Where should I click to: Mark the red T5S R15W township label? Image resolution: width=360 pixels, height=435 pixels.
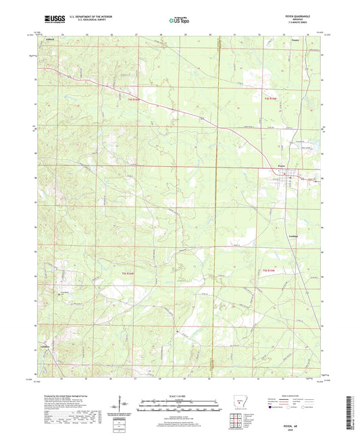click(x=269, y=271)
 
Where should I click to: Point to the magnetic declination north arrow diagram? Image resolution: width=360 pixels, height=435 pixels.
click(x=121, y=405)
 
